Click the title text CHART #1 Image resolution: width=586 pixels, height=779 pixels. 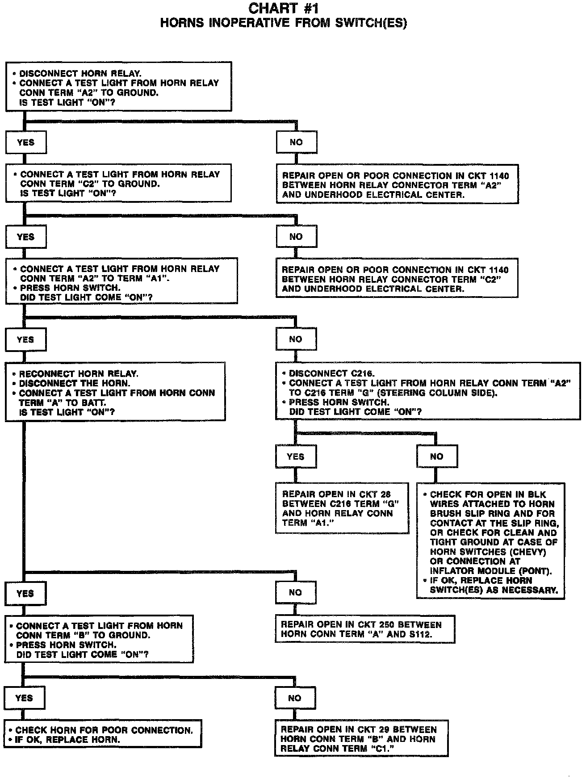pos(283,8)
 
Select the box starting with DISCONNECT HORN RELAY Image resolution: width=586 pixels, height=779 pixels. pos(118,87)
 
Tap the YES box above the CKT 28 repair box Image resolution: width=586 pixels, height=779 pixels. pos(295,457)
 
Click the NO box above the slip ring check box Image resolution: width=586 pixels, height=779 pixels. pos(436,457)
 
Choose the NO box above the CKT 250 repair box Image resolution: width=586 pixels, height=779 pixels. pos(295,593)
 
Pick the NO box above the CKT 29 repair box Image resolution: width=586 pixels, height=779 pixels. pos(294,698)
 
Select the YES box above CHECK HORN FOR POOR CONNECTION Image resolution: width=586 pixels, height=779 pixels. pos(24,698)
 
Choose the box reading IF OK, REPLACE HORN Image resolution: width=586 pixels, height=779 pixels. pos(103,735)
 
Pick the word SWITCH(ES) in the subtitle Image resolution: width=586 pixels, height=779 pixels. pos(378,23)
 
